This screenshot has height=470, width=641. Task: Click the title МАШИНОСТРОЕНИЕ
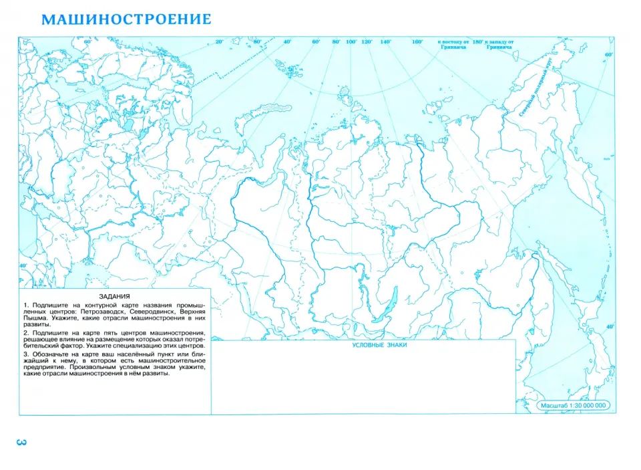pyautogui.click(x=126, y=19)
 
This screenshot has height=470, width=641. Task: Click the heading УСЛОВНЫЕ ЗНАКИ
pyautogui.click(x=379, y=345)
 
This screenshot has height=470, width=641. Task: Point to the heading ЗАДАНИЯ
pyautogui.click(x=114, y=296)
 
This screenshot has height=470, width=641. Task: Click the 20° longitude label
pyautogui.click(x=218, y=42)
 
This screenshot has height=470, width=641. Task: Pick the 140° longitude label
pyautogui.click(x=385, y=42)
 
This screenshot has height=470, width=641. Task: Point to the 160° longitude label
pyautogui.click(x=417, y=42)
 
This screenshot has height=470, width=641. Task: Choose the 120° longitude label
pyautogui.click(x=367, y=42)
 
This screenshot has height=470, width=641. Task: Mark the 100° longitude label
pyautogui.click(x=351, y=42)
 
